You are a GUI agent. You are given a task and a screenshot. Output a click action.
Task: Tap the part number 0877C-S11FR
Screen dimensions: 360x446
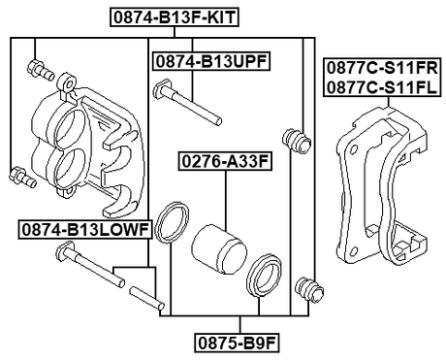[381, 69]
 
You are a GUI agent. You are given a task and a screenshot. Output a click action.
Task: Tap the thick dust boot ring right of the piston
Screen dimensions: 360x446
[263, 277]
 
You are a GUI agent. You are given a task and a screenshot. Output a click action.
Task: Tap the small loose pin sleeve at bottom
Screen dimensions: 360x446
[143, 294]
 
